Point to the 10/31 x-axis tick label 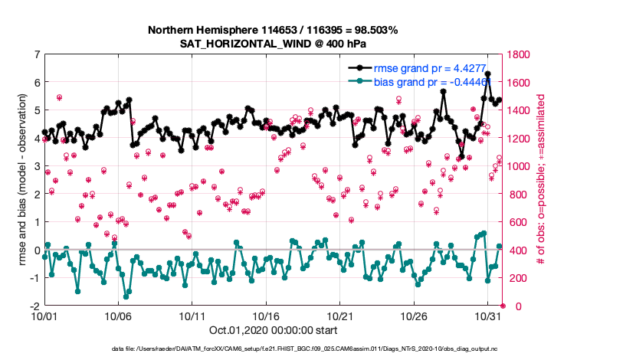click(488, 316)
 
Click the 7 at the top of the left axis click(36, 54)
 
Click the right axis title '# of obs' click(542, 180)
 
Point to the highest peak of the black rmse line click(488, 74)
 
